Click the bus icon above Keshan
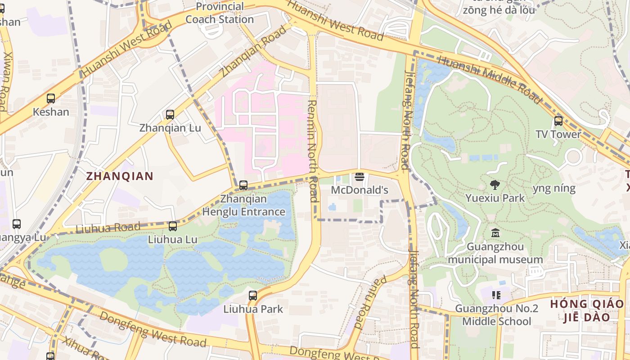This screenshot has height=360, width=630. coord(51,98)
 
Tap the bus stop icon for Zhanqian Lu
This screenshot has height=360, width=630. coord(170,114)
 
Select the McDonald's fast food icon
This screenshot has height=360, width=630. coord(359,176)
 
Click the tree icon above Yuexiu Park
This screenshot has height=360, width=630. coord(495,184)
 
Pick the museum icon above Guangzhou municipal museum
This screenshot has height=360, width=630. coord(495,233)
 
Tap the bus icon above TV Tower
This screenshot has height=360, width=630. coord(558,121)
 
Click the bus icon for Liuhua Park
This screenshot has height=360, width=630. coord(253,295)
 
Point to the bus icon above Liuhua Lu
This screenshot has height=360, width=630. coord(173,226)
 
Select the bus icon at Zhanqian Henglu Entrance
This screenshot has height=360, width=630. coord(243,185)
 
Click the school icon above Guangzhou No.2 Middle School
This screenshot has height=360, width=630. coord(496,295)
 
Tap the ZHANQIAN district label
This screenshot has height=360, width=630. coord(120,176)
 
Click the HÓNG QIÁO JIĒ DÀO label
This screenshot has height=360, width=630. coord(587,310)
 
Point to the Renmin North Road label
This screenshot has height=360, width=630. coord(313,151)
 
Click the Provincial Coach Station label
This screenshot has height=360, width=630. coord(220,13)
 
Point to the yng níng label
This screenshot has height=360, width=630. coord(554,188)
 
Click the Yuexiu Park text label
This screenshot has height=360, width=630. coord(495,198)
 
